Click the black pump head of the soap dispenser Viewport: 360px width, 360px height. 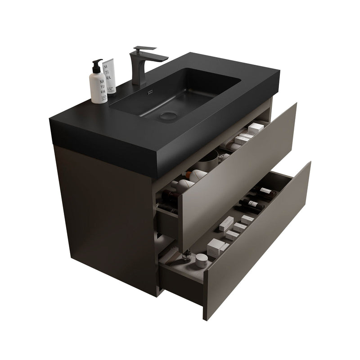97,64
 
